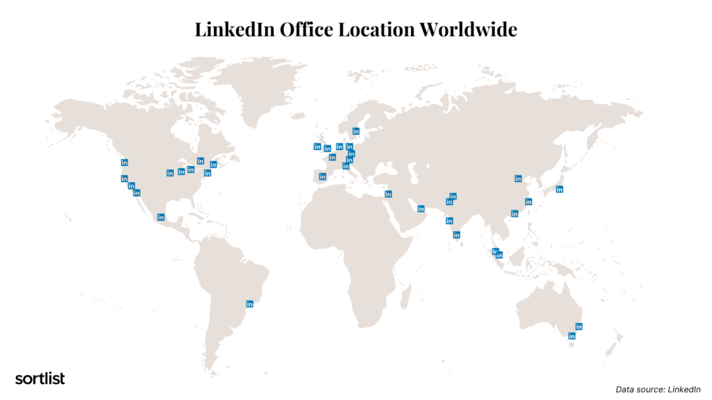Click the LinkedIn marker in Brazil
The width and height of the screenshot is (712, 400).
pos(250,303)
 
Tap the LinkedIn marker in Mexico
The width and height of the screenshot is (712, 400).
pos(161,217)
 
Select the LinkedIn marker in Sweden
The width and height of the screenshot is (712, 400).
pos(356,131)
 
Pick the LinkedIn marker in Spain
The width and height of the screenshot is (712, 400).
pos(323,176)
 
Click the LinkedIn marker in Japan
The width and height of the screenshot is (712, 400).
pos(559,189)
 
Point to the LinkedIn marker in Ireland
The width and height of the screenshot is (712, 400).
pos(317,147)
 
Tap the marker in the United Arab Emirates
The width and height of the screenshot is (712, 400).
pos(421,208)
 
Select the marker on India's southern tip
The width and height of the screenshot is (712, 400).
pos(456,235)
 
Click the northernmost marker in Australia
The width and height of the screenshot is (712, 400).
pos(578,326)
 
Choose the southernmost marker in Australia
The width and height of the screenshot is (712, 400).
pos(572,336)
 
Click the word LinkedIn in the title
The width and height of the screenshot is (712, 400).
pos(234,29)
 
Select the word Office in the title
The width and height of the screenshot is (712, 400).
pos(307,29)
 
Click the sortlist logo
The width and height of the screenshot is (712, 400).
pos(40,378)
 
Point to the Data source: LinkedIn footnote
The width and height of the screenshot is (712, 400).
pos(658,390)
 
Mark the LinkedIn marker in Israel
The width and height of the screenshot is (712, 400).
pos(388,194)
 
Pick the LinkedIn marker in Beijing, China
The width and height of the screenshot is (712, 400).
pos(518,178)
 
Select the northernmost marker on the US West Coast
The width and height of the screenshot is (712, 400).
pos(124,162)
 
